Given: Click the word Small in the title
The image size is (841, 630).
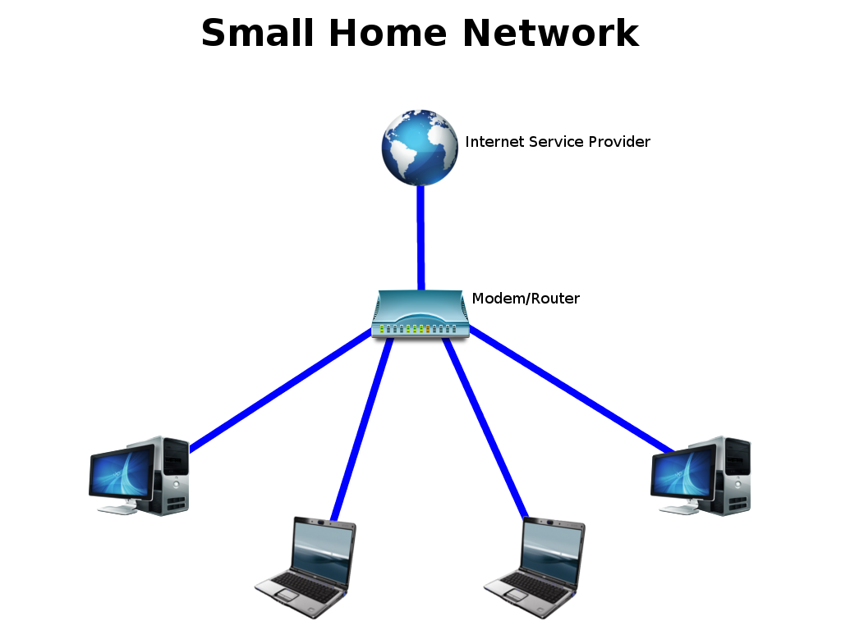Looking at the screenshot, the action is point(257,33).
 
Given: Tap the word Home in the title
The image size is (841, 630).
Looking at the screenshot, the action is point(388,33).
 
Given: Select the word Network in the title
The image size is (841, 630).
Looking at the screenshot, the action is point(550,33).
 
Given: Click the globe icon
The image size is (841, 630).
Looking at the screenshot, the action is point(420,148).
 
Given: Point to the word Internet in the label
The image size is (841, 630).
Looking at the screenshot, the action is point(494,141).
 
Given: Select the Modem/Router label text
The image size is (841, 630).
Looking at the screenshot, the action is point(526,299).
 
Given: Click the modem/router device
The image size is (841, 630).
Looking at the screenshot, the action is point(421,314).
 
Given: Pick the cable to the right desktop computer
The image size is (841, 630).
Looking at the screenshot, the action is point(572,390).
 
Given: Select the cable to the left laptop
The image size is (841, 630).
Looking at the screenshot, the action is point(362,428).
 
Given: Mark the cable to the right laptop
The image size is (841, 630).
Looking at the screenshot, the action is point(485,428).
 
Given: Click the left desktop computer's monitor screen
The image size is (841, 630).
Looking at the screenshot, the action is point(122,472).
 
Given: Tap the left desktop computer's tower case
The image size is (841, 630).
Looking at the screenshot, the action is point(171,476).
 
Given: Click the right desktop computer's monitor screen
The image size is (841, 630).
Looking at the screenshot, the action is point(682,472).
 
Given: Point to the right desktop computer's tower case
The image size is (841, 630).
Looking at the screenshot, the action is point(733,476).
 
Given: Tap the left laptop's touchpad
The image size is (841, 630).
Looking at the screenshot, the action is point(287,595).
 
